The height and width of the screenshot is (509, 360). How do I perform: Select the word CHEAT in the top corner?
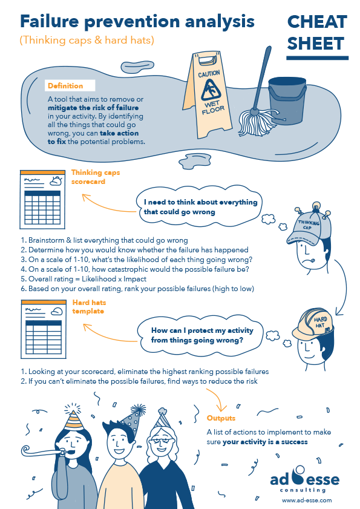click(x=317, y=22)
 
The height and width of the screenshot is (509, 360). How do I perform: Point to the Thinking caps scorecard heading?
click(x=96, y=176)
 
